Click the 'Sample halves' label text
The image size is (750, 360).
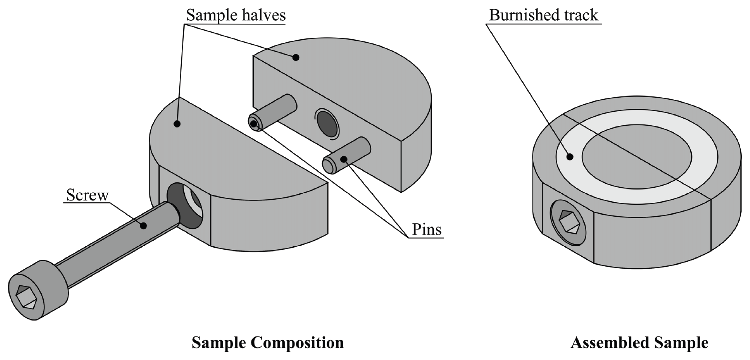click(x=236, y=15)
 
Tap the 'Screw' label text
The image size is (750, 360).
click(x=87, y=195)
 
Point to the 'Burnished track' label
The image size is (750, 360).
click(x=543, y=15)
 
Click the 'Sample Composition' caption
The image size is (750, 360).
click(x=268, y=343)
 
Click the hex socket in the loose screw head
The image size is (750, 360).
click(x=26, y=297)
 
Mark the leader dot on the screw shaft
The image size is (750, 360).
click(x=143, y=225)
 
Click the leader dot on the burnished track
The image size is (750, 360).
click(x=570, y=157)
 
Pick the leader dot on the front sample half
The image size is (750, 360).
click(x=177, y=124)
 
